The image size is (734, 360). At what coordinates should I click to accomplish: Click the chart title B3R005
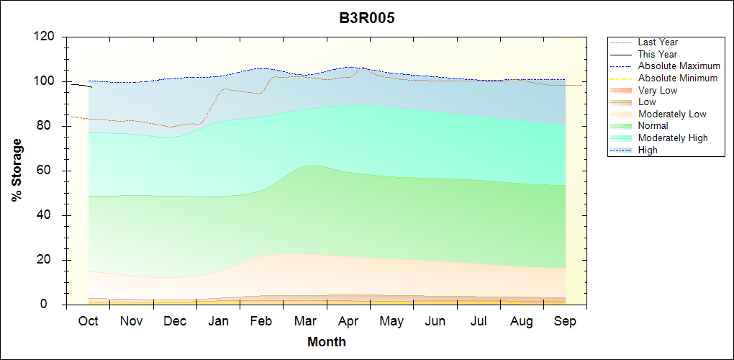(367, 18)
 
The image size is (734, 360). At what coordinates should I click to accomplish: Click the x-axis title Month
(326, 342)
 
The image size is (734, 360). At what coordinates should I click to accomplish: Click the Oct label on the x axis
(88, 320)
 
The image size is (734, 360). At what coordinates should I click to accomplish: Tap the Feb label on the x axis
(261, 320)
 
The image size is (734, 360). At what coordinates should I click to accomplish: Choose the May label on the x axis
(391, 320)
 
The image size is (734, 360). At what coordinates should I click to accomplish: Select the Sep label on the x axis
(565, 320)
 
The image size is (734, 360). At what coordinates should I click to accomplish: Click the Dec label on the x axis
(175, 320)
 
